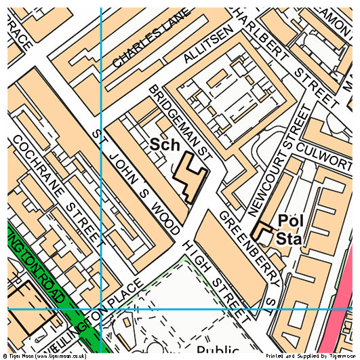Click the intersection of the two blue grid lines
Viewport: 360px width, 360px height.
[100, 308]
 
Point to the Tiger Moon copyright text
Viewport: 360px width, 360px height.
[44, 355]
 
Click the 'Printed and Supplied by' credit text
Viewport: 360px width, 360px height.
[299, 355]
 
